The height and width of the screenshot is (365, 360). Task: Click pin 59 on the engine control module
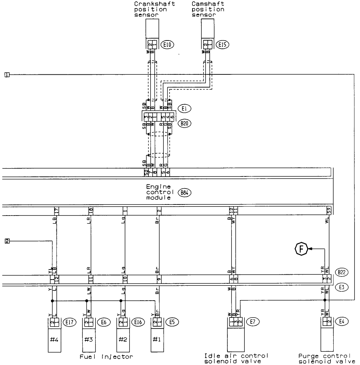point(328,210)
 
